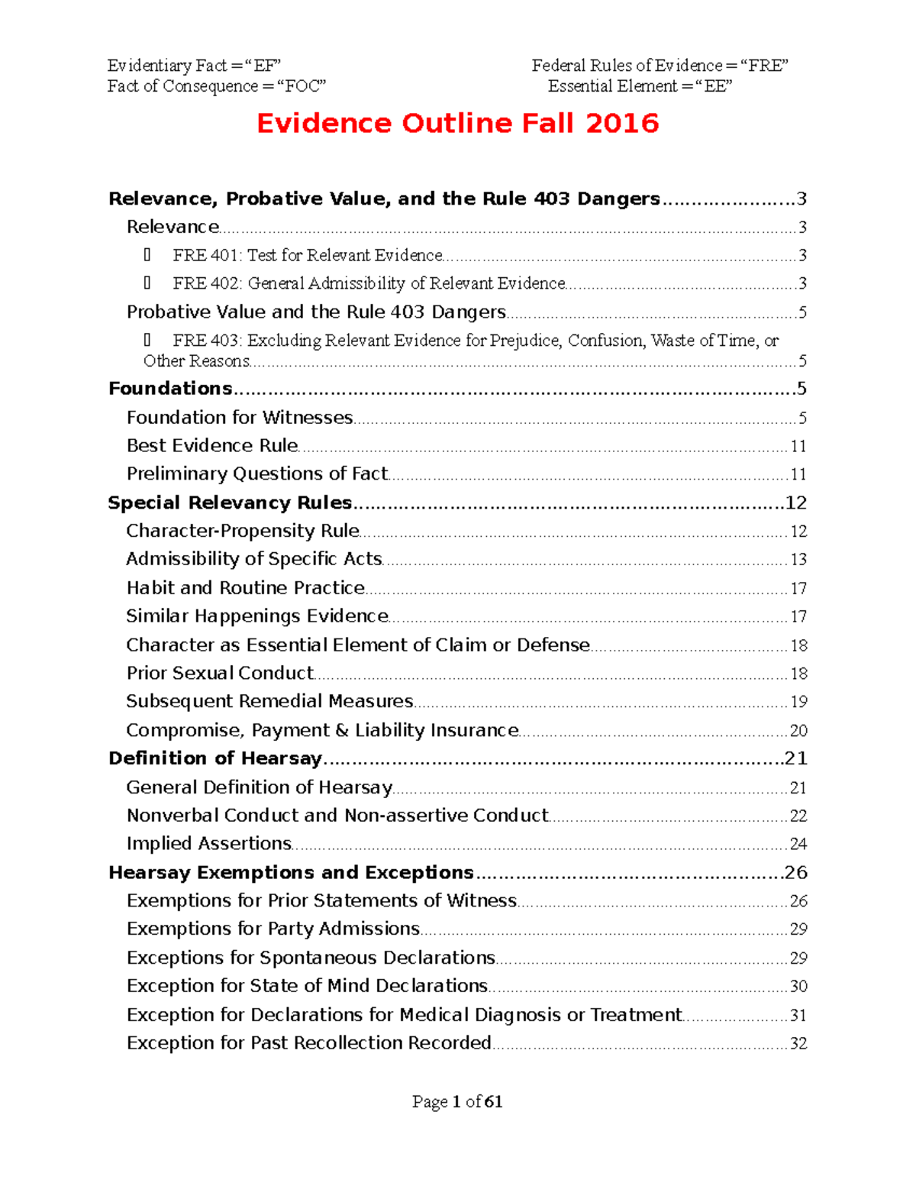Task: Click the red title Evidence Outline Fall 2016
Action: click(x=457, y=123)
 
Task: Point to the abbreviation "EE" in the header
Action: click(x=716, y=86)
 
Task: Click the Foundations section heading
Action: click(x=170, y=389)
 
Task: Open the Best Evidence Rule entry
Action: click(x=212, y=446)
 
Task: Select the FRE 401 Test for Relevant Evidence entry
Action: click(x=307, y=255)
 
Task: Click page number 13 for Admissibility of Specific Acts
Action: click(x=798, y=560)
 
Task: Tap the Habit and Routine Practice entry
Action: click(x=245, y=588)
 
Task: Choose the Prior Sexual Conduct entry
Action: click(x=220, y=674)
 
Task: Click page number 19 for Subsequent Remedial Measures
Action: click(x=798, y=702)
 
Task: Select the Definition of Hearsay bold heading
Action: click(x=215, y=758)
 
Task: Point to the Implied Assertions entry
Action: click(x=209, y=844)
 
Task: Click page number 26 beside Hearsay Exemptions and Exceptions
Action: click(x=795, y=873)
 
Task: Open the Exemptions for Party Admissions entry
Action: click(x=273, y=929)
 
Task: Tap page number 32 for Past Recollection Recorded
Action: click(x=798, y=1044)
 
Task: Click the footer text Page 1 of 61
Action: click(x=457, y=1101)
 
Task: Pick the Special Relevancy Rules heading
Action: click(x=230, y=503)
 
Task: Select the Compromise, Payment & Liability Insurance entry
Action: click(x=322, y=731)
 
